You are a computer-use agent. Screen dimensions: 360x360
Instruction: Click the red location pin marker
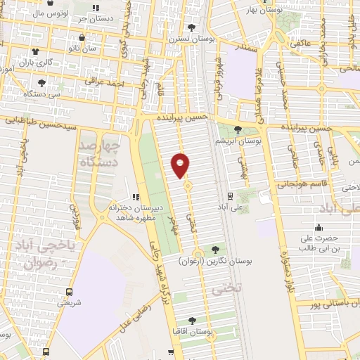[181, 165]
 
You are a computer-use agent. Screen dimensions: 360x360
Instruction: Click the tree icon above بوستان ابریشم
[237, 130]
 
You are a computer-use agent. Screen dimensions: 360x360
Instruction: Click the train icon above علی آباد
[230, 197]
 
